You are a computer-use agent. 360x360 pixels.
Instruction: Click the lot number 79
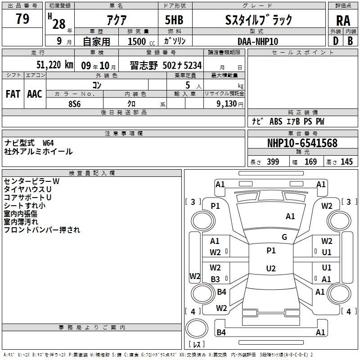pos(22,18)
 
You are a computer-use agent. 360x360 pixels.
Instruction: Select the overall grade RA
pos(343,21)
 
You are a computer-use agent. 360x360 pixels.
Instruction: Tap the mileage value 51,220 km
pos(55,65)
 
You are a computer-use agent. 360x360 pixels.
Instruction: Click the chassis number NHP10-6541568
pos(302,143)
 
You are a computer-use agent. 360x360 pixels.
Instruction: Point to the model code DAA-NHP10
pos(258,41)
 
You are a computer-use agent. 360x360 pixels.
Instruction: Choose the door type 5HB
pos(174,20)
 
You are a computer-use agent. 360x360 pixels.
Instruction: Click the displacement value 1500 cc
pos(141,41)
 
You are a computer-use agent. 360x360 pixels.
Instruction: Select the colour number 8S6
pos(75,104)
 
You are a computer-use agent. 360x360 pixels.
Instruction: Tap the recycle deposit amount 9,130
pos(227,103)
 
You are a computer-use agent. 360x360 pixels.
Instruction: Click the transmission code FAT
pos(13,94)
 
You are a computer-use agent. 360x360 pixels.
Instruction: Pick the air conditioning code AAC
pos(35,94)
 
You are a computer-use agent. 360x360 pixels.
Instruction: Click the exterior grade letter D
pos(336,41)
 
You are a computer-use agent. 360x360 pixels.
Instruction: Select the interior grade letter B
pos(350,41)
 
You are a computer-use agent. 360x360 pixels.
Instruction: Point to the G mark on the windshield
pos(284,237)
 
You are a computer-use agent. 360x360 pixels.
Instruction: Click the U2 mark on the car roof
pos(271,268)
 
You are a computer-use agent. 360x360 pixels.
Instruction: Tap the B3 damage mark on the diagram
pos(216,279)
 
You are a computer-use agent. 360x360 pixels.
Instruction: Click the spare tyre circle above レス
pos(197,328)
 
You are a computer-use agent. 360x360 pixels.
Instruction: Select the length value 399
pos(273,162)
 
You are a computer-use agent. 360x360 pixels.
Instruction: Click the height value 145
pos(346,162)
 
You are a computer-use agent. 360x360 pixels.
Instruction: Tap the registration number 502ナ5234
pos(182,65)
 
